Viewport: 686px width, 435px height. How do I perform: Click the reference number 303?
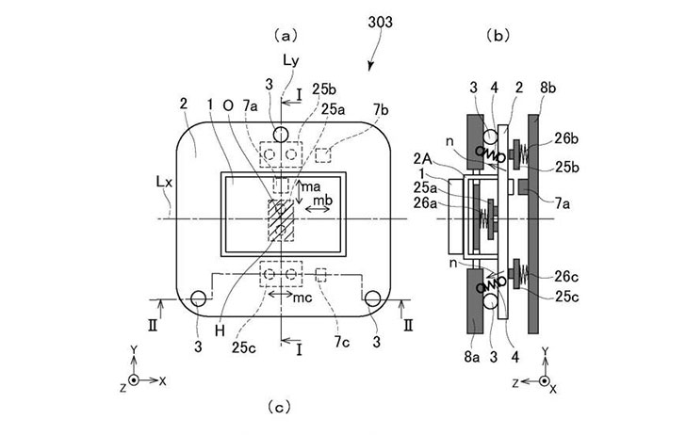[x=380, y=22]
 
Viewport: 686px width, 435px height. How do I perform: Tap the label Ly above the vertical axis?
[x=290, y=60]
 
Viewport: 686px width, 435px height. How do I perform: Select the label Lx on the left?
[x=164, y=182]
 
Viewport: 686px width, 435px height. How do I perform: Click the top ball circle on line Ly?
[x=281, y=135]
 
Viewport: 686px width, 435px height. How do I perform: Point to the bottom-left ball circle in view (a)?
[x=198, y=298]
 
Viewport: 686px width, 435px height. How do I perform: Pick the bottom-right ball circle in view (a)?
[x=372, y=298]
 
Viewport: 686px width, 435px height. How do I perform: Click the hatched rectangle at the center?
[x=281, y=220]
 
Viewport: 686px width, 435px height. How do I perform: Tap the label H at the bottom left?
[x=220, y=330]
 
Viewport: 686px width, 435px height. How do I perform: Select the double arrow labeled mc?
[x=280, y=294]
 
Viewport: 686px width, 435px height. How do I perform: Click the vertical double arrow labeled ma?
[x=299, y=192]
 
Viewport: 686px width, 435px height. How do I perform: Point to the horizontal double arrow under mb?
[x=318, y=209]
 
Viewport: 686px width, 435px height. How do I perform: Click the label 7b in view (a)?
[x=380, y=109]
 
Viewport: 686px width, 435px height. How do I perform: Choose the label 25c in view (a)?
[x=244, y=347]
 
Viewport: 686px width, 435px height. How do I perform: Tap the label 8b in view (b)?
[x=547, y=88]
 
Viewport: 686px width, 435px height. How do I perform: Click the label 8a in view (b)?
[x=471, y=357]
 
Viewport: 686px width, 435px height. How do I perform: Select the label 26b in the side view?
[x=566, y=138]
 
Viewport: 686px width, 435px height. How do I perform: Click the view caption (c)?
[x=279, y=408]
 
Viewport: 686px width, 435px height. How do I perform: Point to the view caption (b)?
[x=498, y=36]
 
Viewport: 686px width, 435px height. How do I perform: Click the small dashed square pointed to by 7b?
[x=323, y=155]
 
